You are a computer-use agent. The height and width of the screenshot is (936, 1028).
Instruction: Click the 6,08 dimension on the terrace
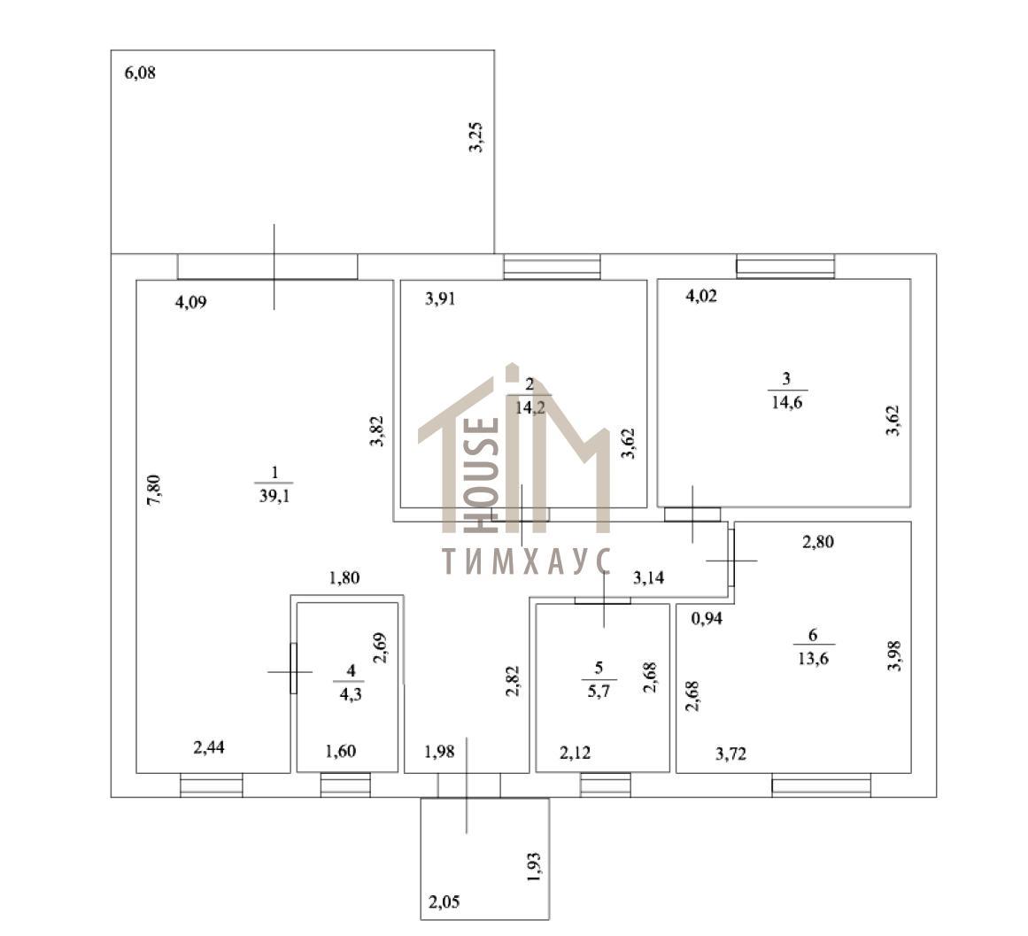[x=140, y=73]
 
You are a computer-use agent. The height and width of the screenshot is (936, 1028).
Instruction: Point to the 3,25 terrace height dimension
[x=476, y=137]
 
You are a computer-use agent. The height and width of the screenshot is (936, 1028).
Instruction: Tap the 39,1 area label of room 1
[x=274, y=496]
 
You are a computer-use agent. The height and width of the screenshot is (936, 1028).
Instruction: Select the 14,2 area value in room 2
[x=530, y=407]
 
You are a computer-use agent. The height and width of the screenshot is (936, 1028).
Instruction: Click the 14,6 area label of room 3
[x=787, y=402]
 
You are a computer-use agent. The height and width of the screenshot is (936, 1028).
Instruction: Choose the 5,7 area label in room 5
[x=599, y=691]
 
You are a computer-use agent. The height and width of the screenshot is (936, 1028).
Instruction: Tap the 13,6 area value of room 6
[x=813, y=658]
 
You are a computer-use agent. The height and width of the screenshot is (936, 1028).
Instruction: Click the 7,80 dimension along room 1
[x=154, y=490]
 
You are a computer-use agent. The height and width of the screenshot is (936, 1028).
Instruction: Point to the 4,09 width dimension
[x=190, y=302]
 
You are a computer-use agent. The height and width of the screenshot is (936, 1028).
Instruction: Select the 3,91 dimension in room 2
[x=440, y=299]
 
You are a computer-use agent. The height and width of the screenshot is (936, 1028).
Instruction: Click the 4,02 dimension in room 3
[x=701, y=297]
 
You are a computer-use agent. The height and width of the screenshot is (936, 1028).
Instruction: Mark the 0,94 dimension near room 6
[x=707, y=618]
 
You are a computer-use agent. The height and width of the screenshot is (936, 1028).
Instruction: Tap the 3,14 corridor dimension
[x=648, y=577]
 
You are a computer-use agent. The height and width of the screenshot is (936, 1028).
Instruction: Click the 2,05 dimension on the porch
[x=444, y=902]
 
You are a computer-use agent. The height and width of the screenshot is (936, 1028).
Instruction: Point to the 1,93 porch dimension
[x=534, y=867]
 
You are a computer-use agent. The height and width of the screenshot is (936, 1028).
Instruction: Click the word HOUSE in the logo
[x=482, y=476]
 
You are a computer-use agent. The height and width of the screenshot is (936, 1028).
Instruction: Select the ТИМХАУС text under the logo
[x=527, y=561]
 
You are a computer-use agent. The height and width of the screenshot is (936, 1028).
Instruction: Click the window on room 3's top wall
[x=785, y=267]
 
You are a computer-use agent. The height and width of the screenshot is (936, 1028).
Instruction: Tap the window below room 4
[x=345, y=785]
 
